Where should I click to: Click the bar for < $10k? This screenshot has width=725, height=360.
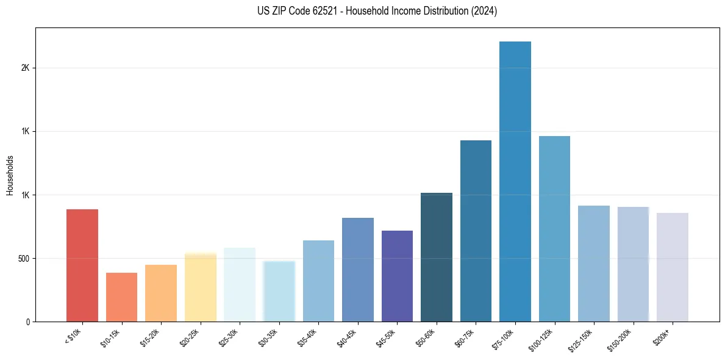(x=82, y=265)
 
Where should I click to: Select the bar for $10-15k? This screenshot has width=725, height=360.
(x=121, y=297)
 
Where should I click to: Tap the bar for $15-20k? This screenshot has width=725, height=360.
(x=161, y=293)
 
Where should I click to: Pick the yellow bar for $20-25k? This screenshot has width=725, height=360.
(x=201, y=287)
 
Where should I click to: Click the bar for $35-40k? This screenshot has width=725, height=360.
(x=318, y=281)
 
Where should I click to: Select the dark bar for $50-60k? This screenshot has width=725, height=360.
(x=437, y=257)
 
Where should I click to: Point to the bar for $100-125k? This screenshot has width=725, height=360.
(x=554, y=229)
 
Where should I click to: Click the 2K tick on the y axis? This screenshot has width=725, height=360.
(x=25, y=68)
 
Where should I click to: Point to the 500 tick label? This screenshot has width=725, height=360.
(x=23, y=258)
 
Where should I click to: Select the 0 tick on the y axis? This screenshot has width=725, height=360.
(x=28, y=322)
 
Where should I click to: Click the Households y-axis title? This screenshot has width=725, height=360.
(x=10, y=175)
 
